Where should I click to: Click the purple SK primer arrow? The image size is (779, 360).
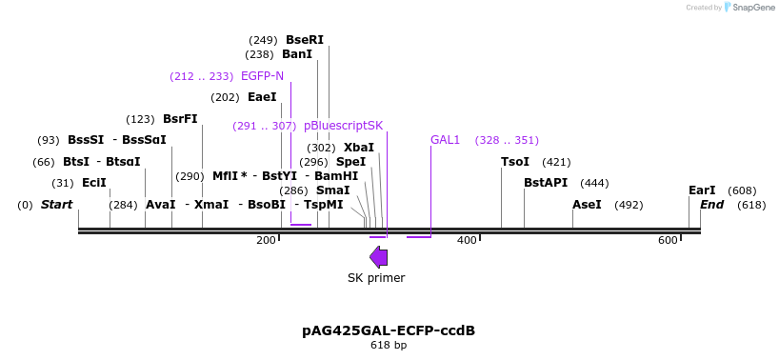click(x=378, y=257)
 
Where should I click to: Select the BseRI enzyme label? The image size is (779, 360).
click(x=305, y=40)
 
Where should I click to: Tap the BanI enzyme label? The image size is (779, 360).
click(x=297, y=54)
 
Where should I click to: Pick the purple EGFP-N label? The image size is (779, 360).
click(x=262, y=76)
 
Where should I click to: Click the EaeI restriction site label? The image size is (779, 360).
click(x=262, y=97)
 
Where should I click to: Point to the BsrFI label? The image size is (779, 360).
click(x=180, y=119)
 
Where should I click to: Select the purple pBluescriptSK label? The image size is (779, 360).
click(x=343, y=126)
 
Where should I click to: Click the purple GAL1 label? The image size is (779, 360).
click(x=445, y=140)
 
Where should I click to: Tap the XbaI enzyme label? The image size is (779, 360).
click(x=359, y=148)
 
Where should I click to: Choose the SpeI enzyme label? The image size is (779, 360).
click(x=350, y=162)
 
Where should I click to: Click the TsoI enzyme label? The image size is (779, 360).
click(x=515, y=162)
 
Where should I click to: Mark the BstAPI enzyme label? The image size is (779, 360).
click(x=546, y=183)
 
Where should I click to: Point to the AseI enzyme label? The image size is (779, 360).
click(x=587, y=205)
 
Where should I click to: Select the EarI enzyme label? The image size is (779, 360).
click(x=702, y=190)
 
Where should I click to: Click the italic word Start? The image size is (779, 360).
click(x=56, y=205)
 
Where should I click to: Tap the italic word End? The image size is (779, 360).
click(x=712, y=205)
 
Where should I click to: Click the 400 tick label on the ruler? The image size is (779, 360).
click(x=467, y=241)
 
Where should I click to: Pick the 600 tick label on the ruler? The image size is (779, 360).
click(x=668, y=241)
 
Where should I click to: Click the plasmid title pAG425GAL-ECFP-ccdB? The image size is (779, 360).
click(x=389, y=330)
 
